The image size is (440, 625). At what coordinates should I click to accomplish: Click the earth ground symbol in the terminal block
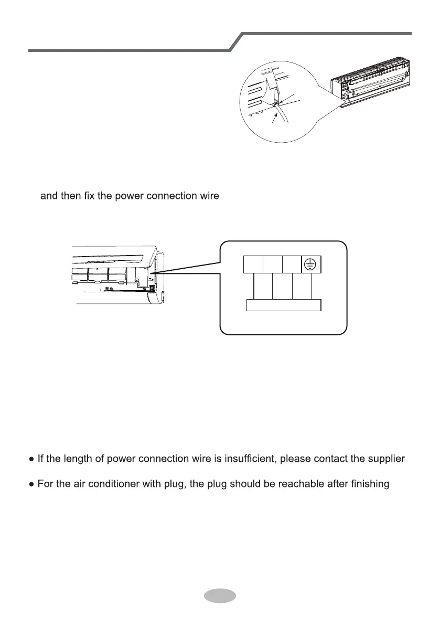312,264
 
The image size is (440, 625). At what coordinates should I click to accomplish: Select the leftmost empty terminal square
254,264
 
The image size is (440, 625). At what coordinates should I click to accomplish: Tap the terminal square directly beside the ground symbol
292,264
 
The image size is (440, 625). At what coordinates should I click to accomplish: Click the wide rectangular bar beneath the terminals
284,305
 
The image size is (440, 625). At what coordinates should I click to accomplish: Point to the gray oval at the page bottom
219,595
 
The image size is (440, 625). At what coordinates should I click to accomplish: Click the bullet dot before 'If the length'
32,460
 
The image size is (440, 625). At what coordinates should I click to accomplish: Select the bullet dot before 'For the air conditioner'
32,484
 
